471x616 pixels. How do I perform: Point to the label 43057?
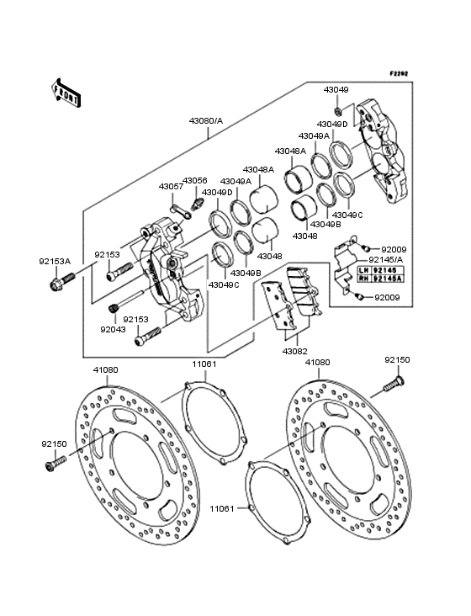click(170, 186)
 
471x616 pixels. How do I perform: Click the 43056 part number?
click(195, 180)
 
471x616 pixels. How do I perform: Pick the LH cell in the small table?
click(365, 271)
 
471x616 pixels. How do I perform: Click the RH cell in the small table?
click(365, 279)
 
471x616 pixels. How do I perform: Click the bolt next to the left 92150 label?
click(54, 461)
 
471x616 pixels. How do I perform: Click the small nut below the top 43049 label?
click(336, 110)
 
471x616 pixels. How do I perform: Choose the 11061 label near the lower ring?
click(222, 509)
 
